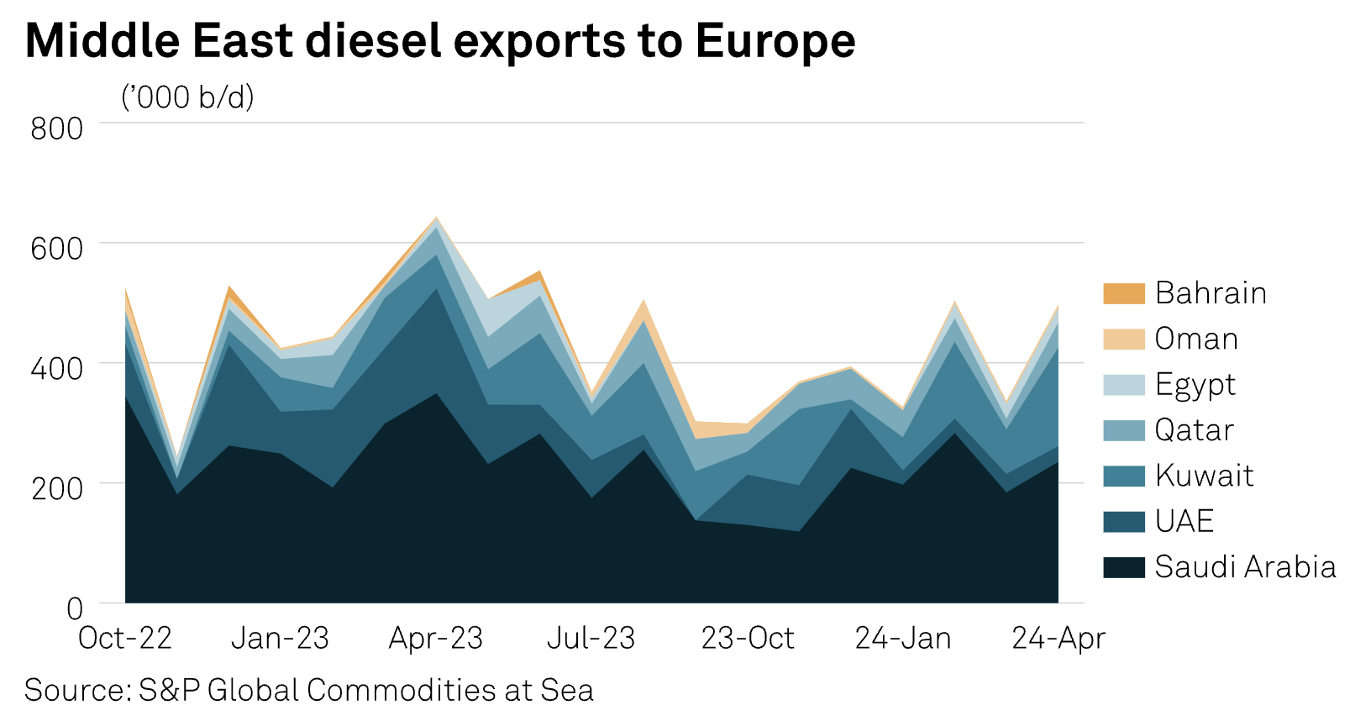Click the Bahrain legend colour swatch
click(x=1124, y=293)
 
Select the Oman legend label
click(x=1196, y=339)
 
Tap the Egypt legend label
click(x=1195, y=385)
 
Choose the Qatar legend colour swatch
click(x=1124, y=430)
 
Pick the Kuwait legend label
click(x=1204, y=476)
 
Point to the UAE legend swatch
click(x=1124, y=521)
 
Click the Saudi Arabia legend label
click(x=1245, y=567)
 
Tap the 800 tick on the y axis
click(x=57, y=129)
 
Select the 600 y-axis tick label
click(x=57, y=249)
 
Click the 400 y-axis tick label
click(x=57, y=368)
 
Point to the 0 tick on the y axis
click(x=75, y=608)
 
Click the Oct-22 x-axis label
click(x=125, y=639)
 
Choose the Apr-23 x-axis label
click(x=435, y=639)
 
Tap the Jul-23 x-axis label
click(x=591, y=639)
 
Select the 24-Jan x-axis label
click(x=903, y=639)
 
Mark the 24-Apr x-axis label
click(x=1058, y=639)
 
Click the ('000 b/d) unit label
click(x=187, y=97)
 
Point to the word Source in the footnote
click(x=74, y=690)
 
